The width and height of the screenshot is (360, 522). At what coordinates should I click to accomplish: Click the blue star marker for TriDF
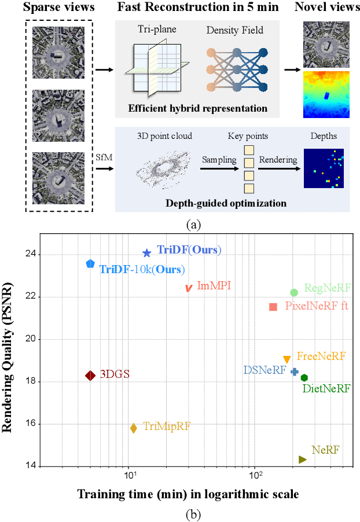(x=147, y=253)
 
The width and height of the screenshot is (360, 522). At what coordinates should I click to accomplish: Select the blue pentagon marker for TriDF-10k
(x=90, y=264)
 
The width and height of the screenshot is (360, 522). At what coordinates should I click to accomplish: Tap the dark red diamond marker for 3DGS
(x=90, y=376)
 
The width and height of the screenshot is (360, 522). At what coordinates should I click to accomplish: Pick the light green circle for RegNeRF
(x=294, y=293)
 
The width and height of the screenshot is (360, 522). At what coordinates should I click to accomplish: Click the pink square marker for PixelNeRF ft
(x=273, y=307)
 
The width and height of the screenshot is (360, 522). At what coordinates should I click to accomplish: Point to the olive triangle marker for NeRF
(x=302, y=459)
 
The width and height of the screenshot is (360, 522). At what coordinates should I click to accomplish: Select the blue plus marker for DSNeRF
(x=294, y=372)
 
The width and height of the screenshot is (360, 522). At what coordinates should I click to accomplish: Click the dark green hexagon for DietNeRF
(x=304, y=378)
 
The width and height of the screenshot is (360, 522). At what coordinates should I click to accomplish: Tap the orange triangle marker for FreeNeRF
(x=286, y=360)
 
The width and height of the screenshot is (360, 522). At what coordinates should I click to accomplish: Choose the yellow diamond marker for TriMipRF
(x=134, y=428)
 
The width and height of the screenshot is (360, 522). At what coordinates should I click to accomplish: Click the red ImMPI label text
(x=214, y=286)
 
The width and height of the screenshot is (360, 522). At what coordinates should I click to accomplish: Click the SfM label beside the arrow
(x=104, y=157)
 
